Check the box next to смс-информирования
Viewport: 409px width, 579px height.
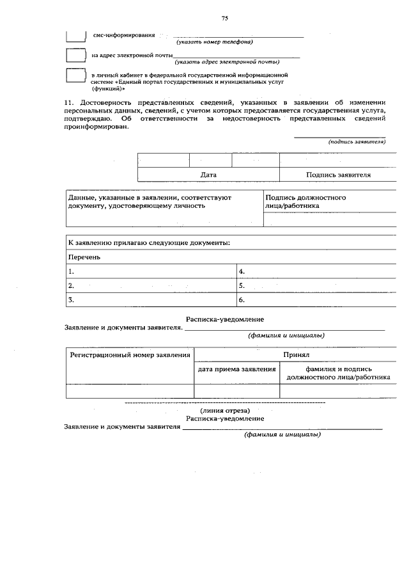[76, 35]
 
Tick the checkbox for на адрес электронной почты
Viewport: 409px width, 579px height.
[76, 56]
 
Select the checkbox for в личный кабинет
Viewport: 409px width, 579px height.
[76, 76]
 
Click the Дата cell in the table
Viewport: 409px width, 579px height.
[208, 175]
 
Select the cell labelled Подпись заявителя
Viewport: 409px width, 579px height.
[338, 175]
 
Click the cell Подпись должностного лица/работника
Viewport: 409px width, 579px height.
[305, 202]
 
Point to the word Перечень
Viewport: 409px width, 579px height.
[84, 257]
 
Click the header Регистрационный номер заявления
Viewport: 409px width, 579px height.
[130, 354]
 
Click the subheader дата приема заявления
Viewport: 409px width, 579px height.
[236, 369]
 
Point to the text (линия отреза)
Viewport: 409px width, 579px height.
[224, 409]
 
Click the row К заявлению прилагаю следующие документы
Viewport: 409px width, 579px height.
[150, 243]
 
